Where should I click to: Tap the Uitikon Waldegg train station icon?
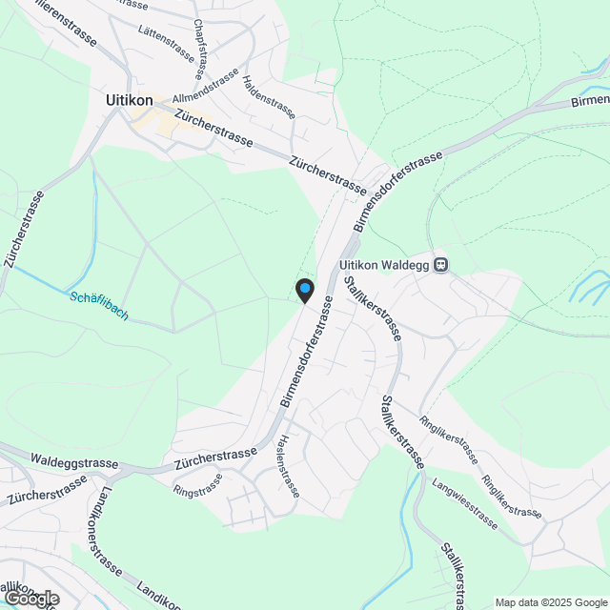point(440,265)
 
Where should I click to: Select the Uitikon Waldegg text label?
point(384,266)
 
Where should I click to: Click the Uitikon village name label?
point(131,98)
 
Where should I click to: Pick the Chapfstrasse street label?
point(199,50)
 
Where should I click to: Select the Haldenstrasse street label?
point(268,98)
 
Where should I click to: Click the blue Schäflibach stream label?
point(98,305)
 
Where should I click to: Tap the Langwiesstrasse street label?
point(465,506)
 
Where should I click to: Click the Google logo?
point(30,599)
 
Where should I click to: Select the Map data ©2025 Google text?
point(551,602)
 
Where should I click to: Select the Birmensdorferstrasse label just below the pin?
point(307,353)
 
